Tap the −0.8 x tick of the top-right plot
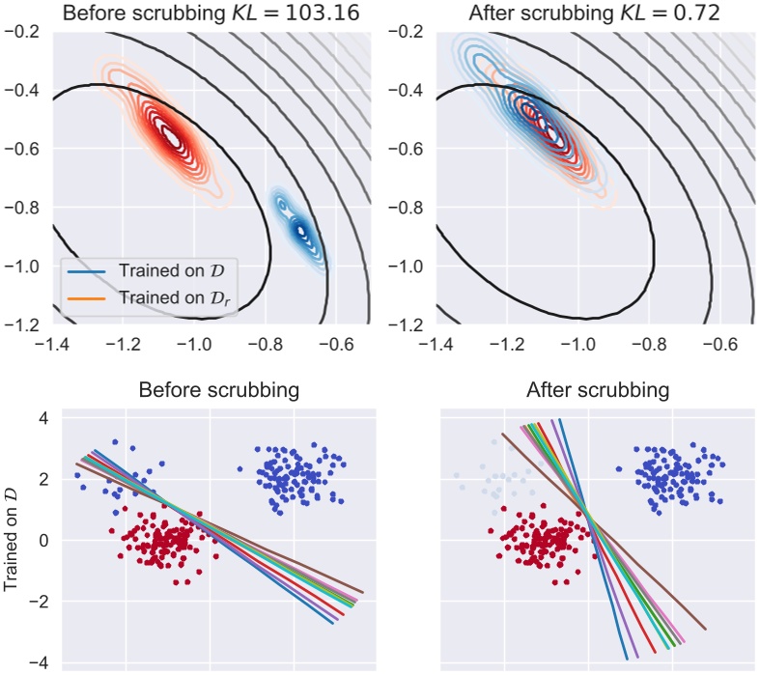pos(647,342)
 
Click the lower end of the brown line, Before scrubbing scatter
pos(363,591)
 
